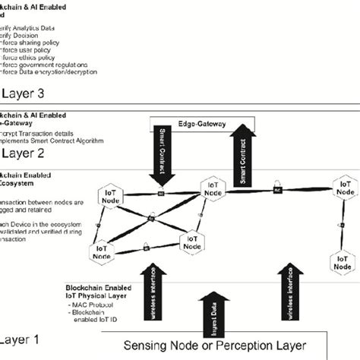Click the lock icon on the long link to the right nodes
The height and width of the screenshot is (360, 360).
(278, 187)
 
